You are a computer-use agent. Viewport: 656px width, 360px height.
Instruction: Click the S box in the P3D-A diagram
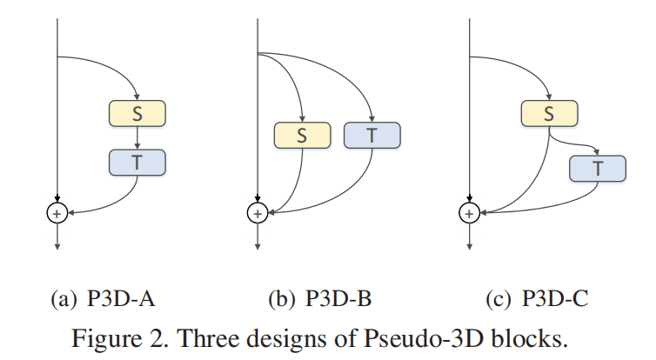(x=137, y=113)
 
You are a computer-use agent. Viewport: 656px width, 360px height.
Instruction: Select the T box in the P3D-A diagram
(x=137, y=162)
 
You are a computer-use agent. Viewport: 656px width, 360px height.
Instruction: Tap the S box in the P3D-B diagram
(x=302, y=135)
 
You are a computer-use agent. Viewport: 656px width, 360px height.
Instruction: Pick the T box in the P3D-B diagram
(x=372, y=135)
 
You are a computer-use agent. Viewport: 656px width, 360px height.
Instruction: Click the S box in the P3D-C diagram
(x=549, y=113)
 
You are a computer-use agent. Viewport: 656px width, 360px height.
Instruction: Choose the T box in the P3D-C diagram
(x=598, y=169)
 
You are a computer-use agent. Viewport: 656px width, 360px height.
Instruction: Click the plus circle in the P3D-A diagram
(x=57, y=211)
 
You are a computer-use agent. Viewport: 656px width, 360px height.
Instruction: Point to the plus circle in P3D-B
(x=258, y=211)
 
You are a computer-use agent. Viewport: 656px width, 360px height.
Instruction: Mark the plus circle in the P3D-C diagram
(x=470, y=211)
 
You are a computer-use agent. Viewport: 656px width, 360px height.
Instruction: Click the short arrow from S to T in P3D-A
(x=137, y=137)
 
